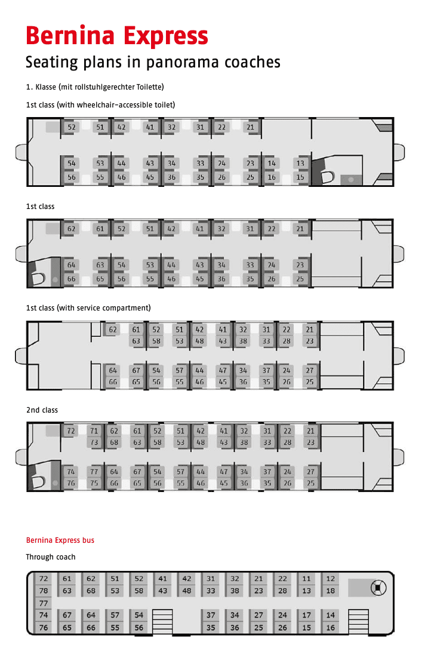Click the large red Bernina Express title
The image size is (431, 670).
(x=116, y=35)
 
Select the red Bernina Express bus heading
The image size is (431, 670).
(x=60, y=540)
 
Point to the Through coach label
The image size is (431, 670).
(x=50, y=557)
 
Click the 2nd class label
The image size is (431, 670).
(x=42, y=410)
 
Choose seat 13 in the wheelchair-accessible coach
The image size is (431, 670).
(x=300, y=163)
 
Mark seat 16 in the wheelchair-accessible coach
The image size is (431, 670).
(x=272, y=177)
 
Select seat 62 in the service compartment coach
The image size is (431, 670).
(x=113, y=330)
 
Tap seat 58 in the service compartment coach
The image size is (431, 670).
(x=156, y=341)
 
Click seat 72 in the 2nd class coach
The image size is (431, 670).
(x=71, y=431)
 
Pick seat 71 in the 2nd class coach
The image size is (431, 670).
(x=94, y=431)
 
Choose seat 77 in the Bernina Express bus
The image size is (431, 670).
(x=44, y=603)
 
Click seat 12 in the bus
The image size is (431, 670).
(x=330, y=579)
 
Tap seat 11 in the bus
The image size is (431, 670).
(x=306, y=579)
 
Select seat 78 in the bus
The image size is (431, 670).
(x=44, y=591)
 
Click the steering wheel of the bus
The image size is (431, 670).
(x=378, y=588)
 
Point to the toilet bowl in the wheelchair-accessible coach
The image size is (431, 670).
(x=328, y=177)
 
